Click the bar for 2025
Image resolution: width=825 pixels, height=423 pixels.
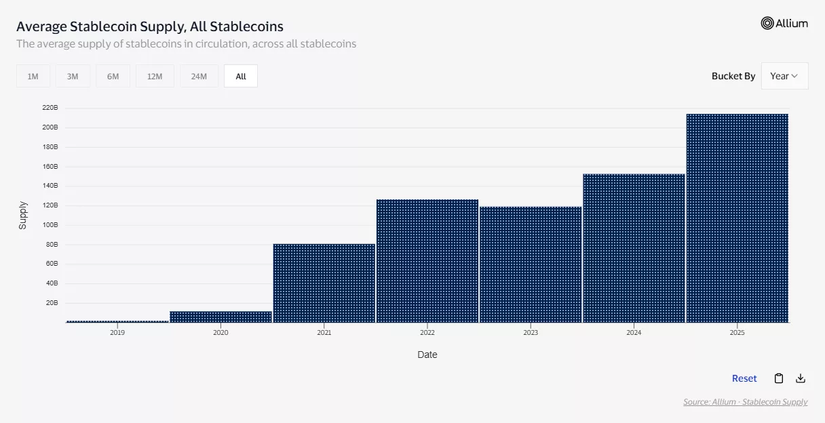click(737, 218)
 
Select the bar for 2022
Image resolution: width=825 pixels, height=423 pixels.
click(427, 261)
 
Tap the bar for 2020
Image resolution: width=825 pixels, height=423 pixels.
click(220, 317)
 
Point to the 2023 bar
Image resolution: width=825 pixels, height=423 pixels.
click(531, 264)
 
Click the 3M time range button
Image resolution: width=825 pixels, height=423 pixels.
click(73, 77)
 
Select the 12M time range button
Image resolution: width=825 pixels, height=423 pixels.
click(155, 77)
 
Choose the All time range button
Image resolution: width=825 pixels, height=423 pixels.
click(241, 77)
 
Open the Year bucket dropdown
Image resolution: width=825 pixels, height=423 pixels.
click(784, 76)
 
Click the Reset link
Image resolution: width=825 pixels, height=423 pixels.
click(744, 378)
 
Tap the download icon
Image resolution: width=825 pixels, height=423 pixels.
click(801, 378)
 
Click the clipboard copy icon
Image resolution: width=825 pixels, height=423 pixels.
click(779, 378)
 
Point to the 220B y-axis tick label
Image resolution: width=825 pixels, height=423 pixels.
click(50, 108)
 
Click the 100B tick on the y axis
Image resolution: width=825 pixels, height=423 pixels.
click(50, 225)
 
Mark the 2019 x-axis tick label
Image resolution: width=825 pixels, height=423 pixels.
click(117, 333)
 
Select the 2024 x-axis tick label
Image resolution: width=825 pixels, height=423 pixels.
click(634, 333)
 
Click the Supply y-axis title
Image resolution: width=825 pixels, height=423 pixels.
click(22, 215)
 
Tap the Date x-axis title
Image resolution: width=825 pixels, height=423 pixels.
click(427, 355)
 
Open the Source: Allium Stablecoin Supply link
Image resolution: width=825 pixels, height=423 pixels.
click(745, 402)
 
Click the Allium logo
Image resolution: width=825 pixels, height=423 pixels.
click(784, 23)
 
